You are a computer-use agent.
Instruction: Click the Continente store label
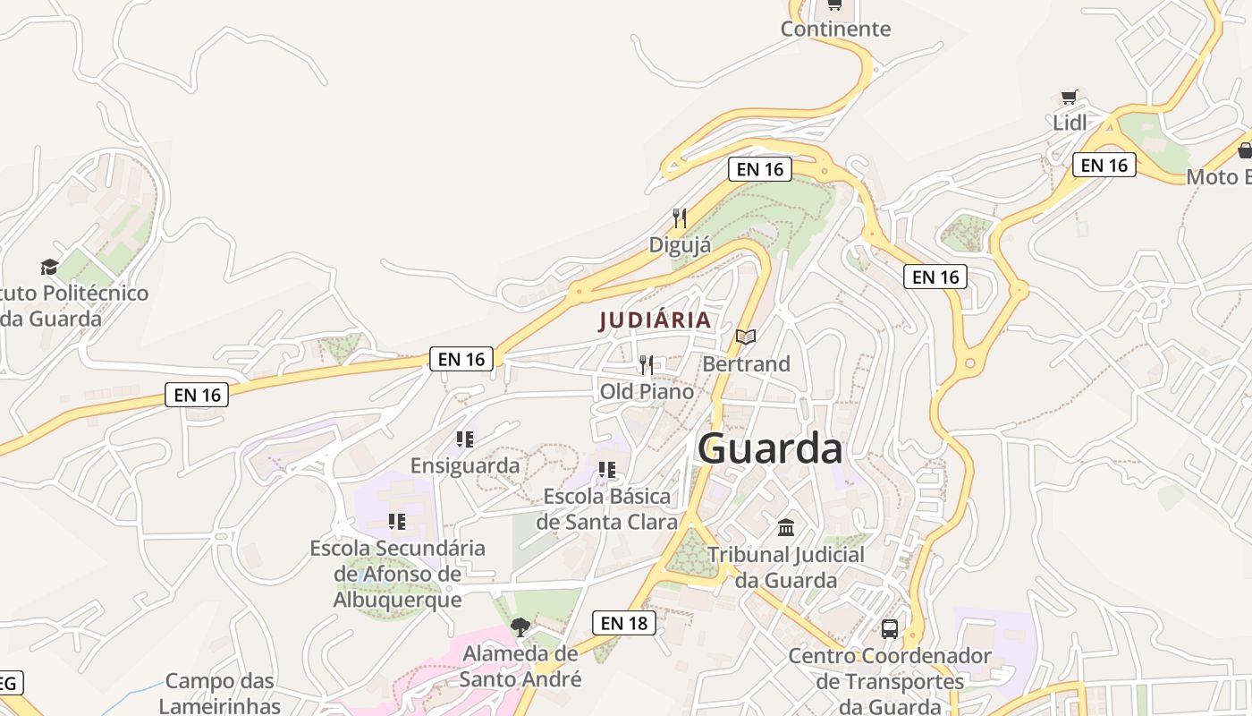pyautogui.click(x=835, y=29)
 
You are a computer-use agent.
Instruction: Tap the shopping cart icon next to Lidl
pyautogui.click(x=1069, y=97)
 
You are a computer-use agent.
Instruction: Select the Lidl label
pyautogui.click(x=1070, y=123)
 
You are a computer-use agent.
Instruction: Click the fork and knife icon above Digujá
pyautogui.click(x=680, y=217)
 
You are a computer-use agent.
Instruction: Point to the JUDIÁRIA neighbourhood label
pyautogui.click(x=656, y=320)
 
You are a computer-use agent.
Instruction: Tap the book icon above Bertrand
pyautogui.click(x=746, y=337)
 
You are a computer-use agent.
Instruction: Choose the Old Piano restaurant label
pyautogui.click(x=647, y=391)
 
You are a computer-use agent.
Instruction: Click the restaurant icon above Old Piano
pyautogui.click(x=647, y=364)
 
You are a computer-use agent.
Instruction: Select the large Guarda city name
pyautogui.click(x=770, y=448)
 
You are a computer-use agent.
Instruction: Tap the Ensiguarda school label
pyautogui.click(x=465, y=465)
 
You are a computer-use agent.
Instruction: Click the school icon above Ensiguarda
pyautogui.click(x=464, y=439)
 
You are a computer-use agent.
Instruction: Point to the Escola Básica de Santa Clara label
pyautogui.click(x=607, y=508)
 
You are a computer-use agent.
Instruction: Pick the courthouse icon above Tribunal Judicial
pyautogui.click(x=786, y=526)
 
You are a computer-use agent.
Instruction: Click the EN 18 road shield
pyautogui.click(x=624, y=623)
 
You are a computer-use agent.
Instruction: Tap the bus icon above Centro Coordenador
pyautogui.click(x=890, y=628)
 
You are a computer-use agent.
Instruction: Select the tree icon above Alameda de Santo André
pyautogui.click(x=520, y=626)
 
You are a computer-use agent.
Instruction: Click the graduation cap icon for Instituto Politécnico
pyautogui.click(x=49, y=267)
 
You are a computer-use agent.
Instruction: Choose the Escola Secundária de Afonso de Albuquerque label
pyautogui.click(x=398, y=574)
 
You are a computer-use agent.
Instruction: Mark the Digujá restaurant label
pyautogui.click(x=681, y=244)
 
